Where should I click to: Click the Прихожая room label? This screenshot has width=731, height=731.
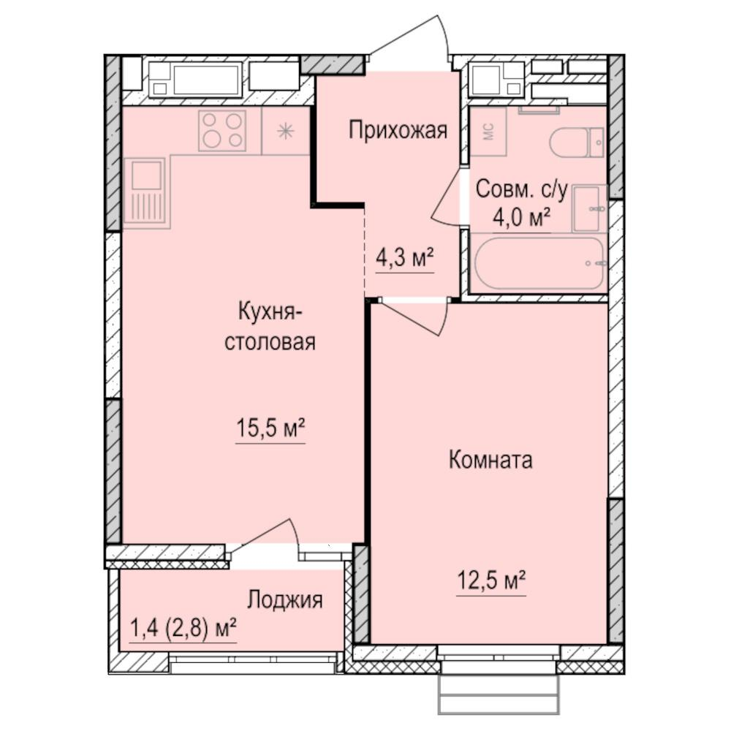pos(397,131)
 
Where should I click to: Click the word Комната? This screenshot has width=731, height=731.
pos(490,461)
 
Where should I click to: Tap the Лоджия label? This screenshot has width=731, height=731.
pos(284,600)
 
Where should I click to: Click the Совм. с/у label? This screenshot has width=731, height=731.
pos(521,189)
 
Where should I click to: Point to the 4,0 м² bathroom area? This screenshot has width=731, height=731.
pos(522,217)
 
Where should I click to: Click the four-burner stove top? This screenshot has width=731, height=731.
pos(222,131)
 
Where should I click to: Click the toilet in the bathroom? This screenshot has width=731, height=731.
pos(577,143)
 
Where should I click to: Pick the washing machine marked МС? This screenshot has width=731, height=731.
pos(488,132)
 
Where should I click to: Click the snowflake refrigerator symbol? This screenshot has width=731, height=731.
pos(285,132)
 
